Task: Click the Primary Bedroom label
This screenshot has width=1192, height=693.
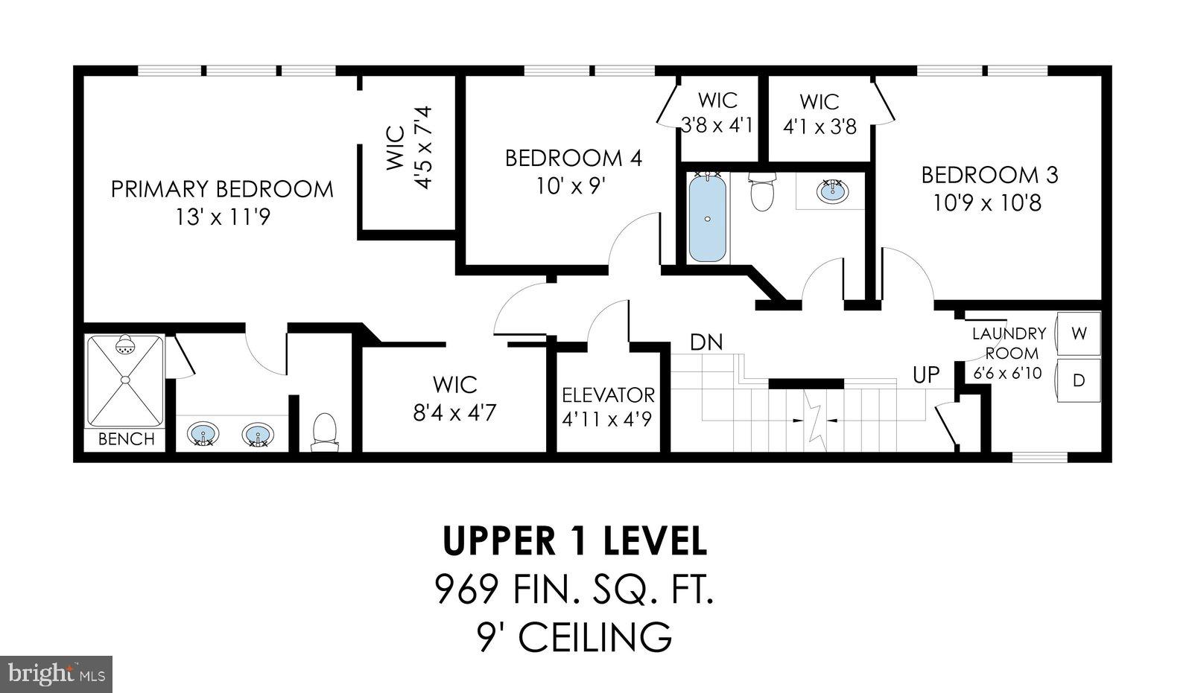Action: point(222,189)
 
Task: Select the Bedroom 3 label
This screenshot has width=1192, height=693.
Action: point(989,175)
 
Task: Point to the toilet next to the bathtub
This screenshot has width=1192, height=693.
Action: point(762,192)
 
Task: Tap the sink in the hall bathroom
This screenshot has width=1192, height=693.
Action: point(831,191)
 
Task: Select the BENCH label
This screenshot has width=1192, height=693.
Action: point(126,439)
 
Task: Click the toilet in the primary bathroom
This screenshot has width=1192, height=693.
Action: point(324,432)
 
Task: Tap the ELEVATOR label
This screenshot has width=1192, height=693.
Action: point(608,395)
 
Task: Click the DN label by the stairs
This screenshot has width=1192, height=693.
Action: point(706,342)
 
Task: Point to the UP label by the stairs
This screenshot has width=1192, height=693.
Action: point(926,374)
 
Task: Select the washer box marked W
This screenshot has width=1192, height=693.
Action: point(1078,333)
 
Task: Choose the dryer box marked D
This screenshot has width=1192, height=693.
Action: point(1078,380)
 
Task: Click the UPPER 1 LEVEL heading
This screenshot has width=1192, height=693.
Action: point(574,541)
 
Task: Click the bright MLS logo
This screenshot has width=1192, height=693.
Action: point(55,674)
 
